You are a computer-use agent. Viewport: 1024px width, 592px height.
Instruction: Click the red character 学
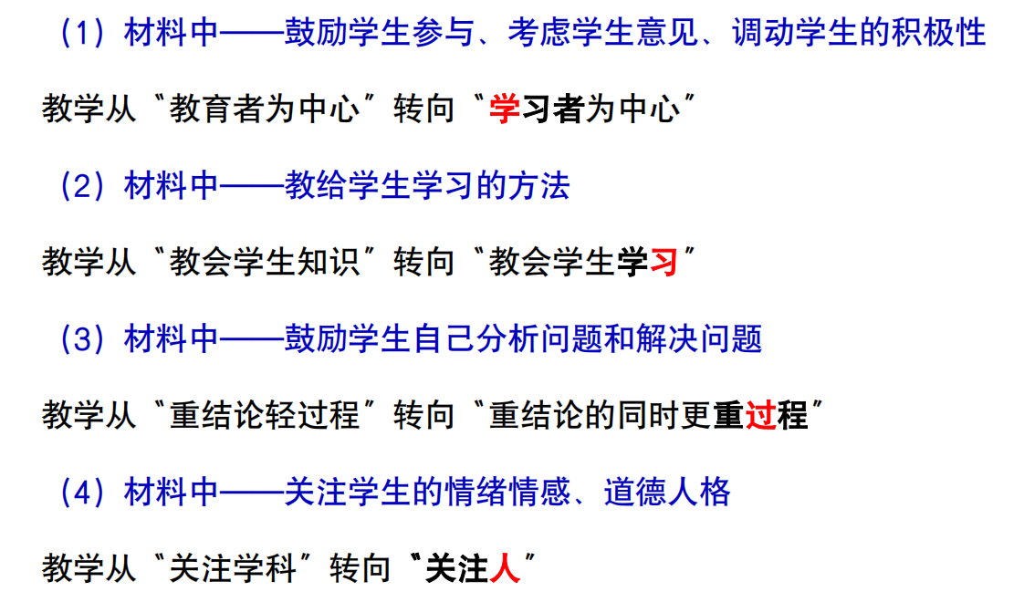[x=504, y=109]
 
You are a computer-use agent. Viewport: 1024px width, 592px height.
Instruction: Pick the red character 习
[x=664, y=262]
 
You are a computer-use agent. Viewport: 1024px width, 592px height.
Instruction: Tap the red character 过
[x=760, y=415]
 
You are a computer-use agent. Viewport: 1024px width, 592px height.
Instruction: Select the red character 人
[x=504, y=569]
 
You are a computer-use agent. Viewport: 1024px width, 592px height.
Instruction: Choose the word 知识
[x=329, y=262]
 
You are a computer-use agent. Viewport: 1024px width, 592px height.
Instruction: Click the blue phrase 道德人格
[x=667, y=492]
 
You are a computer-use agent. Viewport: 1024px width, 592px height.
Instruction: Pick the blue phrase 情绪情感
[x=507, y=492]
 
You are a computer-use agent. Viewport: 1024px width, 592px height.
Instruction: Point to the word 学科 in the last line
[x=266, y=569]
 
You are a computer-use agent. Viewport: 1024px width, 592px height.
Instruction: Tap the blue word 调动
[x=763, y=32]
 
